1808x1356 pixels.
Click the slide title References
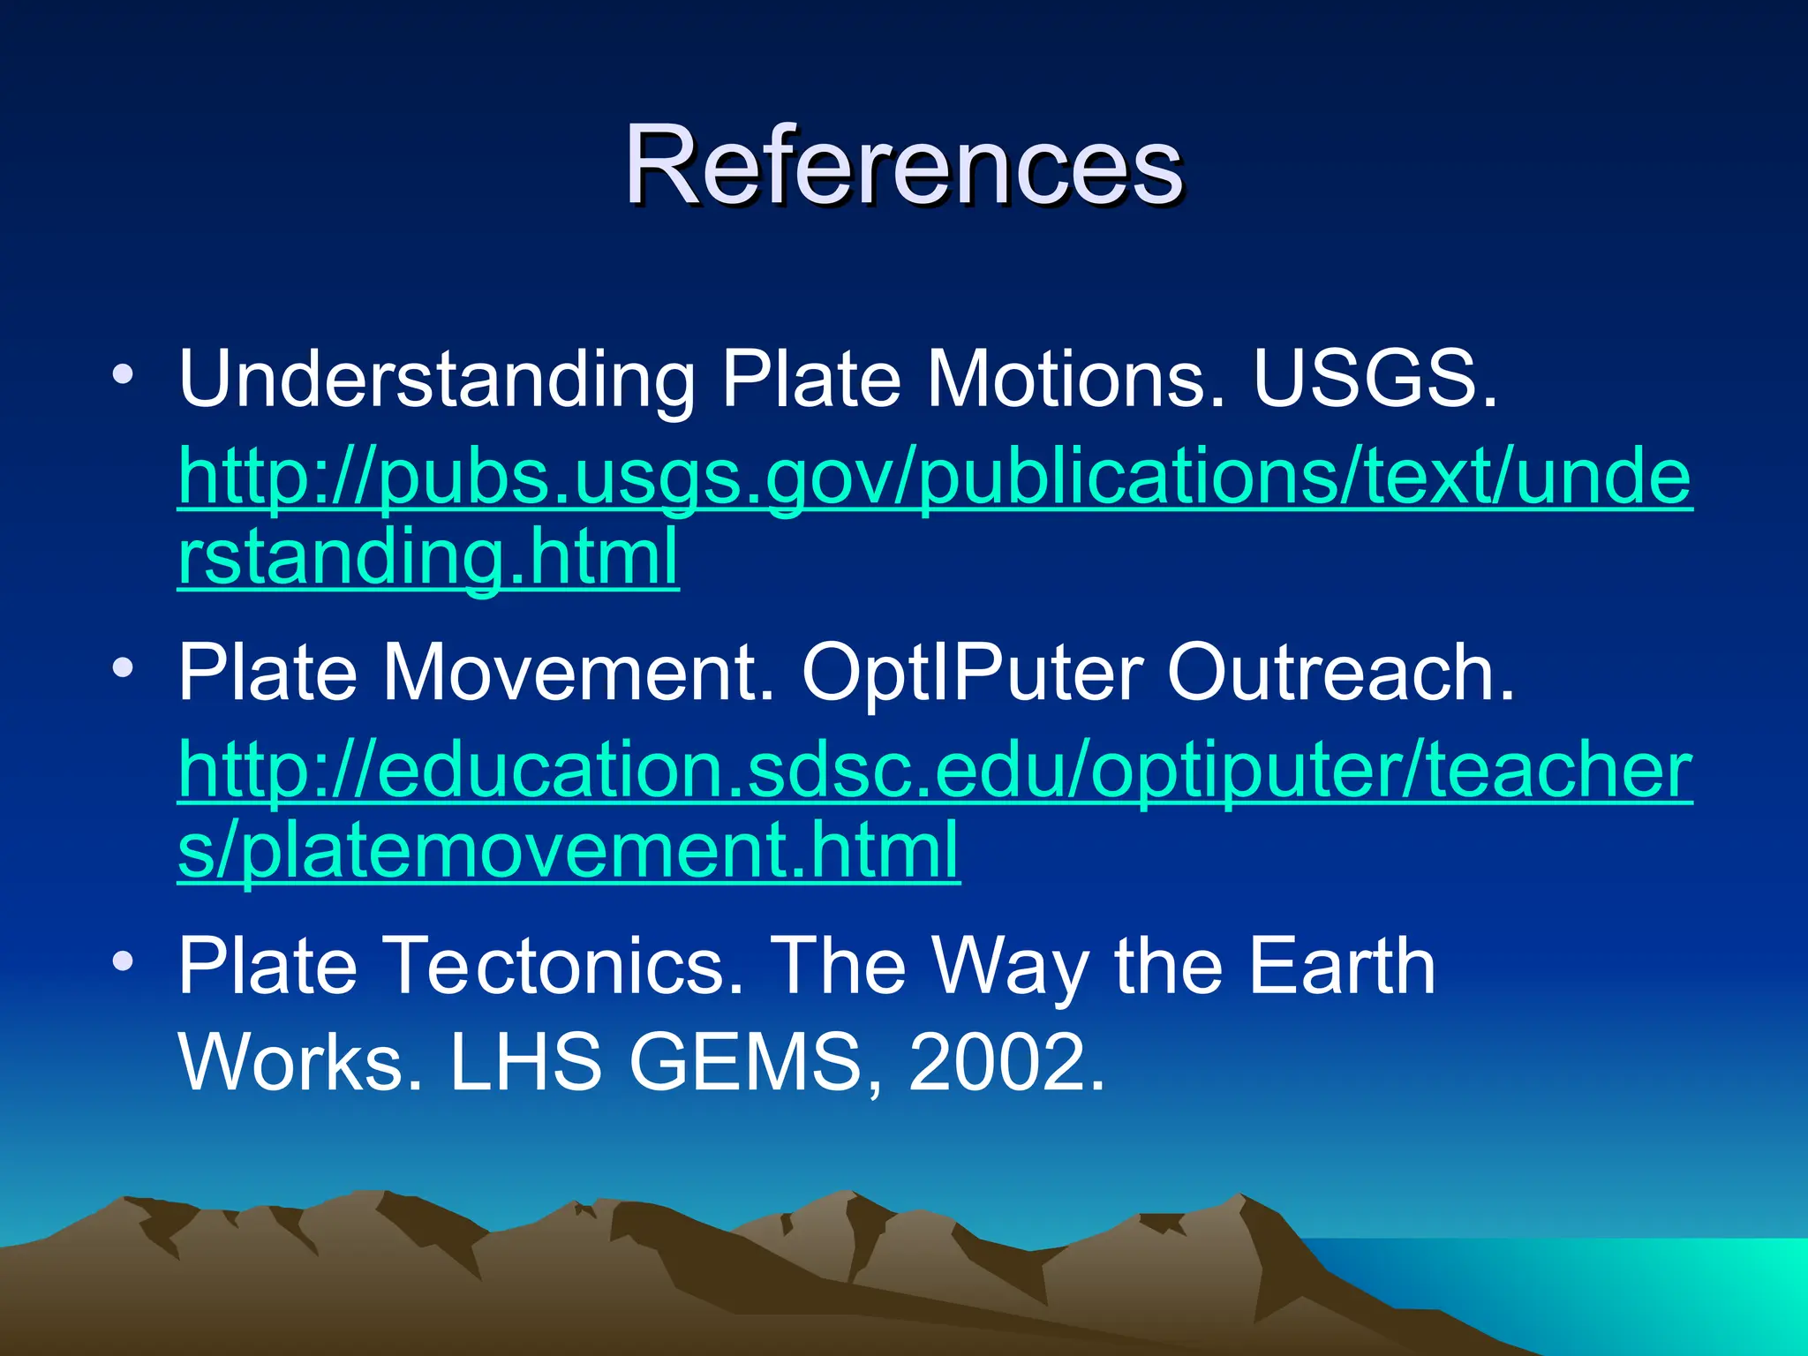point(903,166)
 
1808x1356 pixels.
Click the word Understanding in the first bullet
point(437,380)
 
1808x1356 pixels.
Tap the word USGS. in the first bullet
point(1375,380)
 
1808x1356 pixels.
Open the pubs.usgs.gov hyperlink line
point(935,478)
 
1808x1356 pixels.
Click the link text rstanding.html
point(428,556)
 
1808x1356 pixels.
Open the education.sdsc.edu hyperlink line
point(935,770)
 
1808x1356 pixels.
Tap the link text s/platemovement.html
point(568,849)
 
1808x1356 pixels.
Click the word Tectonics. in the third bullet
point(565,966)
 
